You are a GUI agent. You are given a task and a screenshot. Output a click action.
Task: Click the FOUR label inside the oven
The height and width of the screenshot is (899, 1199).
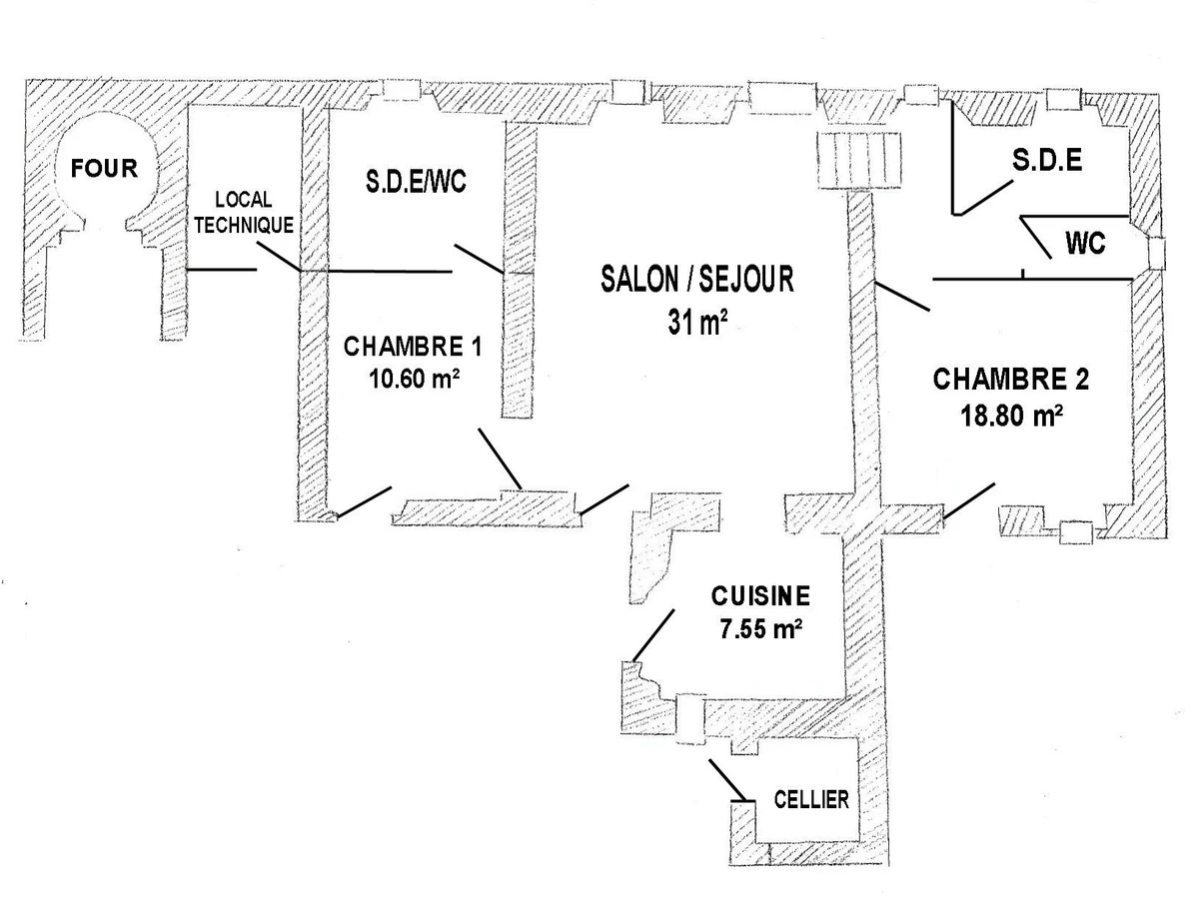pos(104,168)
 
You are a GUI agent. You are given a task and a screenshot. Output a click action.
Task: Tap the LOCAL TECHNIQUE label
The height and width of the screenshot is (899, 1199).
pos(244,213)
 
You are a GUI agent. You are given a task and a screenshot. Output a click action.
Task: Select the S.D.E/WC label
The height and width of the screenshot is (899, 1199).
pos(416,181)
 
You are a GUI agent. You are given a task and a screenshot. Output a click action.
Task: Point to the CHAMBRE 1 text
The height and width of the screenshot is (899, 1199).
pos(413,347)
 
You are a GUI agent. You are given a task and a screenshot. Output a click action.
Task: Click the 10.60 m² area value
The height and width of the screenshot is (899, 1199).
pos(414,379)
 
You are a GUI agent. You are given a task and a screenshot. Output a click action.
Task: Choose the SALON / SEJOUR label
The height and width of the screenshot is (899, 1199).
pos(697,279)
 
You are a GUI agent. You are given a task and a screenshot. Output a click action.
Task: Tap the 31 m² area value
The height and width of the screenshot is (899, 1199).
pos(697,322)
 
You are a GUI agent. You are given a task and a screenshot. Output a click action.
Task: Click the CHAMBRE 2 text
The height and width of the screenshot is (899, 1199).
pos(1010,380)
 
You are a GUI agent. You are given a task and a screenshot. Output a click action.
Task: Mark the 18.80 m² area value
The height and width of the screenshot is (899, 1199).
pos(1011,416)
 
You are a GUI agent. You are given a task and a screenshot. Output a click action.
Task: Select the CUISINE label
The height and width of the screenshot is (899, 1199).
pos(760,596)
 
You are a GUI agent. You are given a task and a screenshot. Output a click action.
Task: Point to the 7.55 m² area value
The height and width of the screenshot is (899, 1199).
pos(761,629)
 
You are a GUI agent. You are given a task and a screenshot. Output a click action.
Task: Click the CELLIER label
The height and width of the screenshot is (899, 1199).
pos(811,800)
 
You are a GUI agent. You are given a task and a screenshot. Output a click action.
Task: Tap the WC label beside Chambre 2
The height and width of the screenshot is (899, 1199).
pos(1085,243)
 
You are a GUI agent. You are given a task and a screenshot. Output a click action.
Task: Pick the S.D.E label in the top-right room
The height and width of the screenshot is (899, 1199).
pos(1047,161)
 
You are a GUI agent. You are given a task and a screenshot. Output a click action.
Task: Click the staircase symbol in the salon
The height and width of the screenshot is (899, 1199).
pos(858,160)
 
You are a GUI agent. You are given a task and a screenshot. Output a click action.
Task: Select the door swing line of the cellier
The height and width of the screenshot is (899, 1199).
pos(728,779)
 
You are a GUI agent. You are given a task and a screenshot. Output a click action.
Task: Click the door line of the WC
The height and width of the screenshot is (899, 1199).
pos(1035,238)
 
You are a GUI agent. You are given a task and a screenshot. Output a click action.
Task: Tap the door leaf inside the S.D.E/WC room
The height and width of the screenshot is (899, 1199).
pos(479,259)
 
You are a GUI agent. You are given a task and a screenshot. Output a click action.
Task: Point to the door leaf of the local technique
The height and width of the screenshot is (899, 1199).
pos(278,256)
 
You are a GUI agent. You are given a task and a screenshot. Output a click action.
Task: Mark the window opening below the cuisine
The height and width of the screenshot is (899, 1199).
pos(690,719)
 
